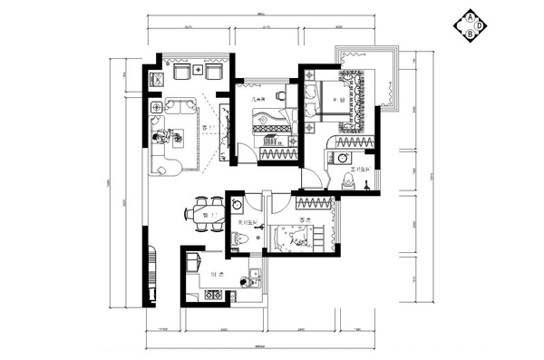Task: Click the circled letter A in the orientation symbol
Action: click(471, 17)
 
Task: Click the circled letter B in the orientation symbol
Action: click(471, 34)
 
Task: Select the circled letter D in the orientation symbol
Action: click(480, 25)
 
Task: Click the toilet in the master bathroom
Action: click(348, 182)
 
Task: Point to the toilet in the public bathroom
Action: click(238, 239)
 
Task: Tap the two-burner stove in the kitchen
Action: click(214, 296)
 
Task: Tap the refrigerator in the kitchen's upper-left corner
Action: click(191, 264)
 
